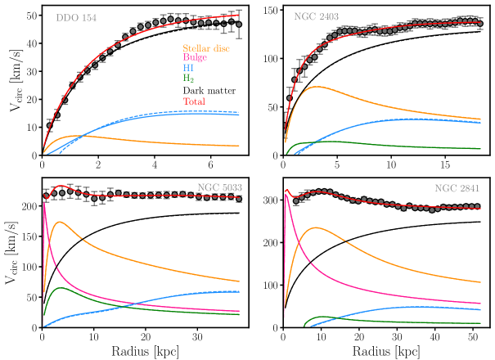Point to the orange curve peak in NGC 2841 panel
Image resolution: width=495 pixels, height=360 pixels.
click(x=314, y=228)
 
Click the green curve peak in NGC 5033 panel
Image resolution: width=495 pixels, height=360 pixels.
click(x=61, y=288)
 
